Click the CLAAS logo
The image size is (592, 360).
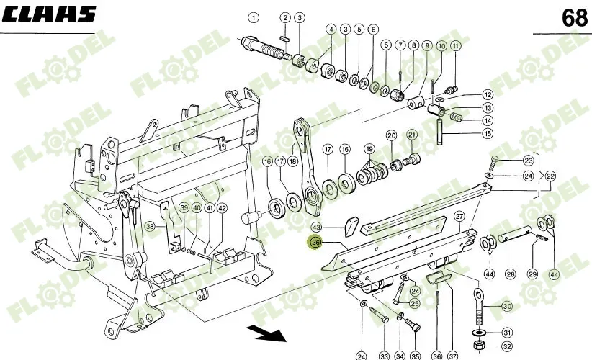click(48, 15)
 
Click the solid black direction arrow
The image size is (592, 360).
click(265, 333)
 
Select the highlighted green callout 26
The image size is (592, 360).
click(315, 243)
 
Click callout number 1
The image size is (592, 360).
click(253, 17)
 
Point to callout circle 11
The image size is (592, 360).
click(455, 47)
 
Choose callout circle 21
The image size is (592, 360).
click(412, 134)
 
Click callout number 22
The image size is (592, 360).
click(551, 176)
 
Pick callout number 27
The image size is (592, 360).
click(459, 216)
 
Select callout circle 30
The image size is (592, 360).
click(506, 306)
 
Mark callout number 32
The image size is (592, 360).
click(506, 345)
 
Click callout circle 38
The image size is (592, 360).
click(150, 226)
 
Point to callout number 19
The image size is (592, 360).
click(369, 149)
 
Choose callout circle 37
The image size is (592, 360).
click(453, 356)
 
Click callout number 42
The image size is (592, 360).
click(222, 208)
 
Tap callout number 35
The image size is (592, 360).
click(414, 356)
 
